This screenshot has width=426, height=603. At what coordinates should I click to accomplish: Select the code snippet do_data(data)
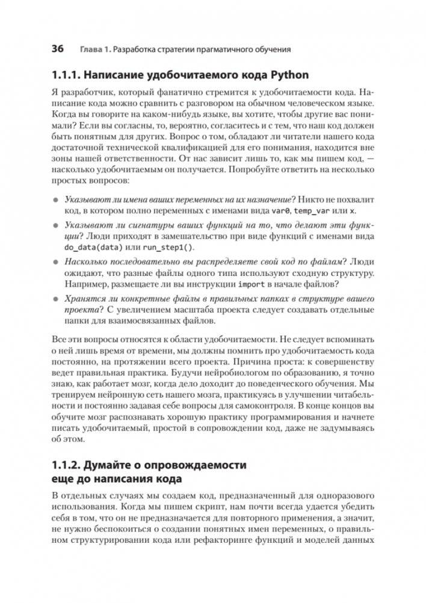tap(90, 248)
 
